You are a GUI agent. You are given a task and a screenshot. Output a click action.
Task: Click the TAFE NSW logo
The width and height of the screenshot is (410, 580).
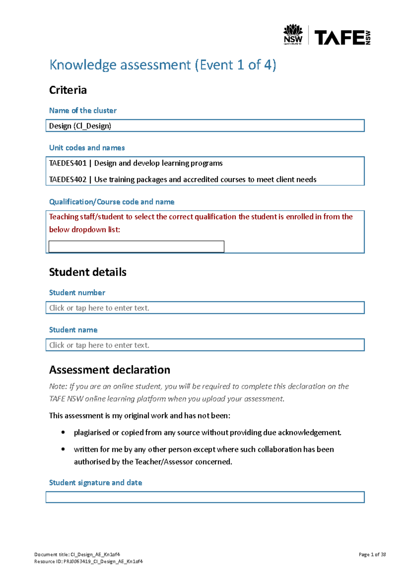coord(342,37)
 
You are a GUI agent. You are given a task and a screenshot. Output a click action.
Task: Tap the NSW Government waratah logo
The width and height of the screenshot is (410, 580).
coord(293,34)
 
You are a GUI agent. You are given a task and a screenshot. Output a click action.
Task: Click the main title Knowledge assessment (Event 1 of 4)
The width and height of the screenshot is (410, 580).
coord(163,65)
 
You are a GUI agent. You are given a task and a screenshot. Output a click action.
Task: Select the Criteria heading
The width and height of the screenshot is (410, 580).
coord(68,90)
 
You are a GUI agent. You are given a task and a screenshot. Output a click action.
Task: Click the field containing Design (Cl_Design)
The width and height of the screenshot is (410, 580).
coord(205,126)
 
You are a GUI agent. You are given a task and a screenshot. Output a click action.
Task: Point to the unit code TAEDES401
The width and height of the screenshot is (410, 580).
coord(68,163)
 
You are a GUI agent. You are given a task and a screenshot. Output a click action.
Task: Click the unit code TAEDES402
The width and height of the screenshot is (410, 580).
coord(68,180)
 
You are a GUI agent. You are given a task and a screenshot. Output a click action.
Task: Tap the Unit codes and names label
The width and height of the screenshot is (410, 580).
coord(87,148)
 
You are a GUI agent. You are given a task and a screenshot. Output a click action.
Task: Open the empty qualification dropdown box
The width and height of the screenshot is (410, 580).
coord(136,246)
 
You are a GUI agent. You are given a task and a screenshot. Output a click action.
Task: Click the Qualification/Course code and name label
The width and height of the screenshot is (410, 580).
coord(112,202)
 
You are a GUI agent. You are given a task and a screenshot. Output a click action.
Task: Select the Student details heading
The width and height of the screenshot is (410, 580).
coord(88,272)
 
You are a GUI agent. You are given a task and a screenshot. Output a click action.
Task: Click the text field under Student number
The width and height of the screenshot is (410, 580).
coord(205,308)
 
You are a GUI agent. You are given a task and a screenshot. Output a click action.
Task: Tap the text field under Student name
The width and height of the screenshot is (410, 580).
coord(205,345)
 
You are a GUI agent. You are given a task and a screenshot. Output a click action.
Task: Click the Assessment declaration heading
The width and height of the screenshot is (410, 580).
coord(110,370)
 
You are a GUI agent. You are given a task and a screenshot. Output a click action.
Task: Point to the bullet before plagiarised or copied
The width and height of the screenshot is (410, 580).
coord(63,432)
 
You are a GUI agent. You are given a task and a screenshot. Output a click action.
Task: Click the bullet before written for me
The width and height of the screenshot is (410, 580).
coord(63,449)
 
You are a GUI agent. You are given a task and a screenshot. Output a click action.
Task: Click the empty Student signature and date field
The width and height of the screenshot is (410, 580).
coord(205,497)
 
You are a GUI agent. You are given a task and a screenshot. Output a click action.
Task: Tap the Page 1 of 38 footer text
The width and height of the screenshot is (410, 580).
coord(372,554)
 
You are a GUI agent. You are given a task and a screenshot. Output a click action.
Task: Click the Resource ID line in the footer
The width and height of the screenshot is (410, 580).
coord(88,561)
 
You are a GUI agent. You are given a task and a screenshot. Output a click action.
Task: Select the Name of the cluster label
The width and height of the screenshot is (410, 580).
coord(83,111)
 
